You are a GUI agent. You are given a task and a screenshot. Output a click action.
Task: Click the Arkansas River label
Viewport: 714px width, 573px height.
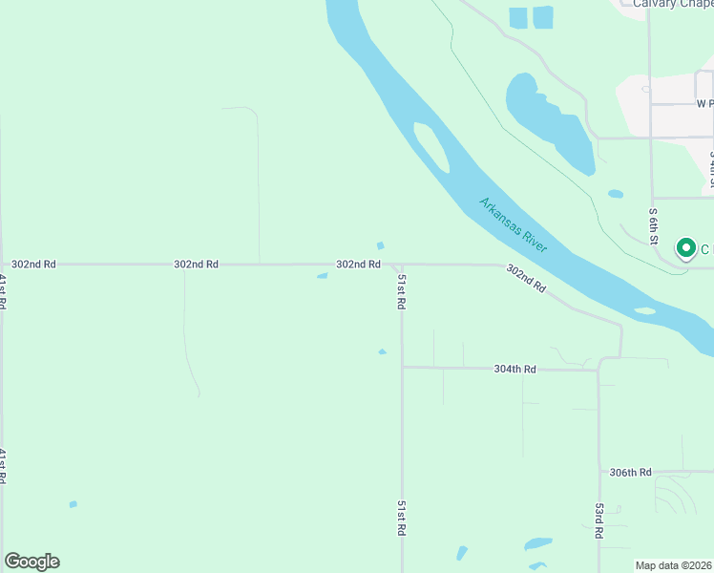513,225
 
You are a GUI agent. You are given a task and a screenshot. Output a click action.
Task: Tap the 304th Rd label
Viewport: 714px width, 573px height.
514,369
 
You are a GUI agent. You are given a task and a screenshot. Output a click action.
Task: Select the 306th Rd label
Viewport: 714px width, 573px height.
630,472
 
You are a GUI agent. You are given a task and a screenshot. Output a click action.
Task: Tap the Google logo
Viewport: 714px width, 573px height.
31,562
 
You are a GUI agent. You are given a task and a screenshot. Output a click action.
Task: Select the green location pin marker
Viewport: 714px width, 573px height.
685,248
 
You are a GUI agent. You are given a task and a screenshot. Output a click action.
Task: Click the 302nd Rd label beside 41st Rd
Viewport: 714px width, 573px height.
33,264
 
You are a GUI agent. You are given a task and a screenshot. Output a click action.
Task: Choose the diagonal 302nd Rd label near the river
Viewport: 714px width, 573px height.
526,278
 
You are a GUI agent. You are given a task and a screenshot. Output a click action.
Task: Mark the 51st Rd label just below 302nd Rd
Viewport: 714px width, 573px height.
402,290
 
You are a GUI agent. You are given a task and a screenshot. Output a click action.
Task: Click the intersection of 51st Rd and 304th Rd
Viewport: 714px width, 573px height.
402,367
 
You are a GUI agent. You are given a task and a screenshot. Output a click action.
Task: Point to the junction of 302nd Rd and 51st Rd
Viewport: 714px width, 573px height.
400,265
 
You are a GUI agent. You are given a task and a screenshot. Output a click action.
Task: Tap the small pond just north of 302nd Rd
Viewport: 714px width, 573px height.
380,245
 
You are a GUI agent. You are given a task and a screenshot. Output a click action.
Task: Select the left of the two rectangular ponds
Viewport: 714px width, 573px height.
518,17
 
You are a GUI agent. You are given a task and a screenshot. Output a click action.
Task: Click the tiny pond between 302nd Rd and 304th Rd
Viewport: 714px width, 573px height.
382,351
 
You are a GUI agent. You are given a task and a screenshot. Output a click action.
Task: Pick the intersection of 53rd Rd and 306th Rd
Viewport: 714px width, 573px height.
598,472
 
